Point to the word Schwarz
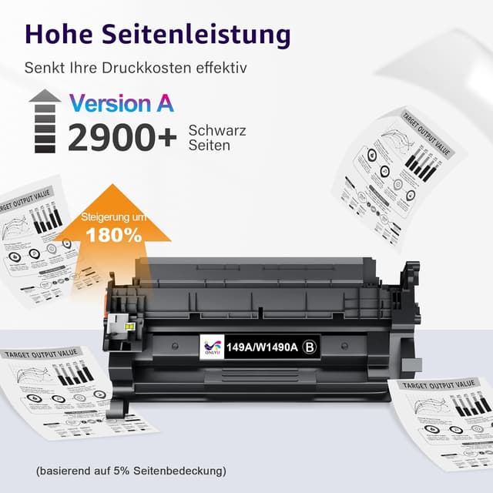click(217, 130)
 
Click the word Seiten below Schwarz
click(209, 145)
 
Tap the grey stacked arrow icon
click(45, 122)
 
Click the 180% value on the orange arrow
click(113, 235)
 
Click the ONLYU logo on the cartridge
click(209, 347)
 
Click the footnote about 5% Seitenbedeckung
click(131, 470)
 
